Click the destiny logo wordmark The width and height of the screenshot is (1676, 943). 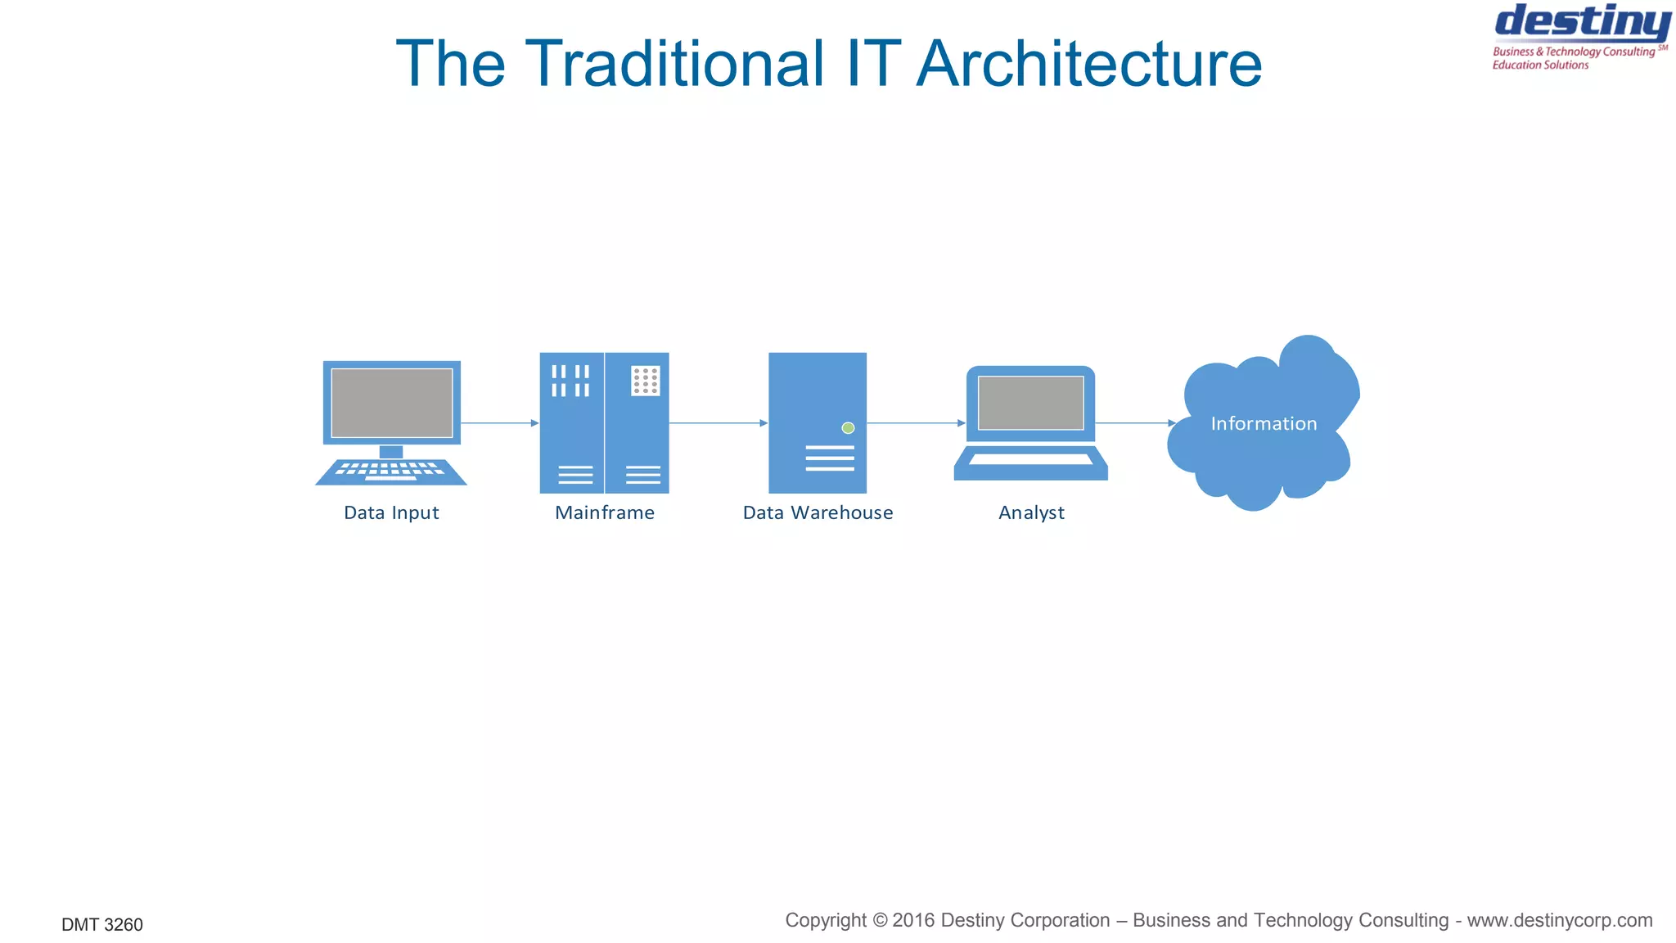pos(1582,22)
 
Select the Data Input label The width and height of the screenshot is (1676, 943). pos(391,513)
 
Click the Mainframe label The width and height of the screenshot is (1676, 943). pos(605,513)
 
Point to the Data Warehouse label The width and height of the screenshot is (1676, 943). pos(818,513)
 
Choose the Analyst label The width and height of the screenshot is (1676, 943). pos(1031,513)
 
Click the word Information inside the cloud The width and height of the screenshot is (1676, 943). pos(1264,424)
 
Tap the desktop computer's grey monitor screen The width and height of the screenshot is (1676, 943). pos(391,403)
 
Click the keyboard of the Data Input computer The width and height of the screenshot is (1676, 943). pos(391,471)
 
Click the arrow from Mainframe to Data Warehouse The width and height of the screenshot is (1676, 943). pos(718,423)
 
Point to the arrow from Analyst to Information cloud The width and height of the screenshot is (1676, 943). pos(1134,423)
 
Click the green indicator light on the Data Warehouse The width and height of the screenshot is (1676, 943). pos(848,428)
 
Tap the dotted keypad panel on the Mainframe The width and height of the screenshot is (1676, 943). pos(646,381)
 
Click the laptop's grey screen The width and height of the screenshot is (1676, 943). pos(1030,403)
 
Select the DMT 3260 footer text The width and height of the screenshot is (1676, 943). pos(102,925)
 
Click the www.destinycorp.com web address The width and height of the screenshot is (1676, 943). pos(1559,921)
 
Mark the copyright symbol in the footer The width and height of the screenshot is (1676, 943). pos(880,921)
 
